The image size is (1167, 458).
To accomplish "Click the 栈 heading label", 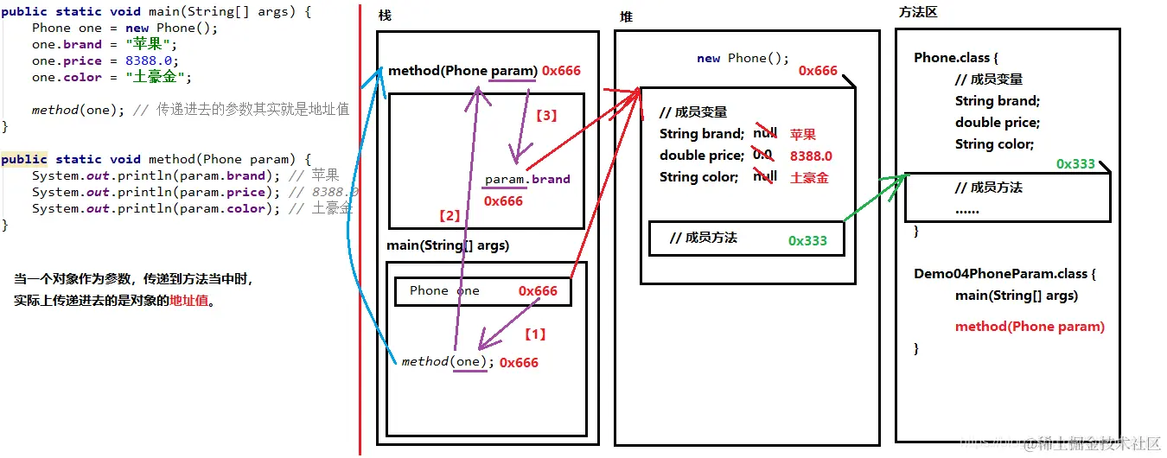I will coord(385,17).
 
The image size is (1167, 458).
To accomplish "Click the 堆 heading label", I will coord(626,17).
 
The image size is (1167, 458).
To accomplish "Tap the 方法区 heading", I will coord(918,12).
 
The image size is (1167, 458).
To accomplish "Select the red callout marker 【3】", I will coord(546,115).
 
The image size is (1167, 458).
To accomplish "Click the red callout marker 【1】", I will coord(536,334).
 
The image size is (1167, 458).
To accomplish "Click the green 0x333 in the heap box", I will coord(807,241).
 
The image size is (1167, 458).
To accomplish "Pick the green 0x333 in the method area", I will coord(1075,164).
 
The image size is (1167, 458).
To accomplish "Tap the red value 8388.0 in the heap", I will coord(811,156).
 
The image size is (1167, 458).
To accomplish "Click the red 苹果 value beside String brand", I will coord(803,134).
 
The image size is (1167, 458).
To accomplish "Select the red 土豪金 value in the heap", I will coord(809,177).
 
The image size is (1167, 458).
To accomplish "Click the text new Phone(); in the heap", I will coord(743,59).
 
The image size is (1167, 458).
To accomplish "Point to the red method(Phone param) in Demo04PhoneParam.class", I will coord(1030,327).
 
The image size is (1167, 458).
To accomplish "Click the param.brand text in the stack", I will coord(527,180).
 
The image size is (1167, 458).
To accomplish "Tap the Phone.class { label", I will coord(956,58).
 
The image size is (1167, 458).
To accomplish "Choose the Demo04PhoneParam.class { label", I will coord(1005,274).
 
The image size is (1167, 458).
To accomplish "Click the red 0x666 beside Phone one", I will coord(538,291).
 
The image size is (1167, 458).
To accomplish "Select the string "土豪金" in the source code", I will coord(158,78).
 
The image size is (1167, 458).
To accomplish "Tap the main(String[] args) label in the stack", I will coord(448,245).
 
